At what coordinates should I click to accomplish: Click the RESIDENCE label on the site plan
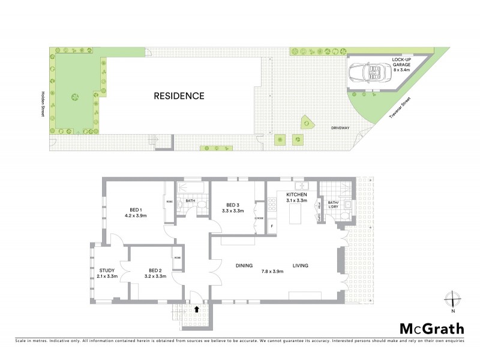pyautogui.click(x=179, y=95)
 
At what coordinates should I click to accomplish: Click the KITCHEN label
pyautogui.click(x=296, y=196)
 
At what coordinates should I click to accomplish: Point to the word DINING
pyautogui.click(x=244, y=266)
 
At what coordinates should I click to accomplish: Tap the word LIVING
pyautogui.click(x=301, y=266)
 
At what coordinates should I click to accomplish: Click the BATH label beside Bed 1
pyautogui.click(x=190, y=200)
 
